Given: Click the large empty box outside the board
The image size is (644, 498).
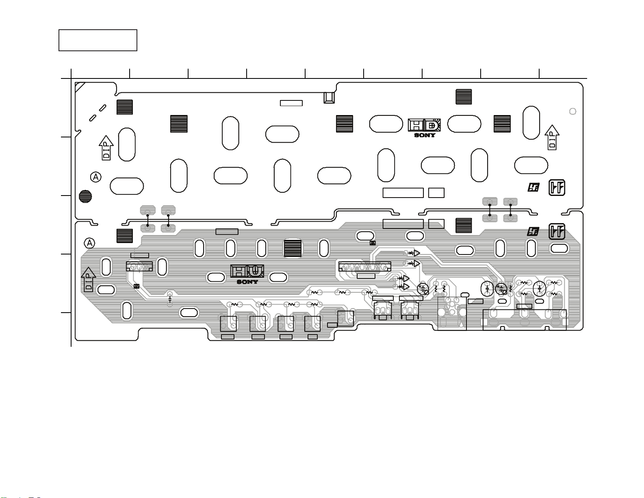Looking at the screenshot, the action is [98, 40].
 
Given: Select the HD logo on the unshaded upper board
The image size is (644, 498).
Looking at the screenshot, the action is [424, 125].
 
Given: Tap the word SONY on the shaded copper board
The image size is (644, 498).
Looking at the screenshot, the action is [247, 282].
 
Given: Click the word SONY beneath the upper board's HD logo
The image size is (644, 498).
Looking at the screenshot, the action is [425, 135].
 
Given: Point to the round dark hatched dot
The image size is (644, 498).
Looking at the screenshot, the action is [85, 196].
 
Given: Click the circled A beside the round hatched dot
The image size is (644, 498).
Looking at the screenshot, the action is [96, 177].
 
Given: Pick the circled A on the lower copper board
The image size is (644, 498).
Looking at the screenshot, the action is [89, 243].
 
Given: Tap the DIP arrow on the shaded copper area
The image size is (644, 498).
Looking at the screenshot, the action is [89, 279].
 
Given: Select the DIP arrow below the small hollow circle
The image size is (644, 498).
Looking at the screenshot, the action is [552, 137].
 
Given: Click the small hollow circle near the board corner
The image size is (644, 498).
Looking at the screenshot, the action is [572, 111].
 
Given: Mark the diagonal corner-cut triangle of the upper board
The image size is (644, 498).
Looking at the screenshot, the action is [79, 86].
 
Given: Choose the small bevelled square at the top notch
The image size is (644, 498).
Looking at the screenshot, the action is [329, 98].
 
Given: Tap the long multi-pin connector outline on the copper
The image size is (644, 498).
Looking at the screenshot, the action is [365, 267].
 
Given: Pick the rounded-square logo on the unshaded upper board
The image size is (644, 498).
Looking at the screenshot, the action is [557, 187].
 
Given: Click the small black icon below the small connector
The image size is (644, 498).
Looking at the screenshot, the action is [137, 286].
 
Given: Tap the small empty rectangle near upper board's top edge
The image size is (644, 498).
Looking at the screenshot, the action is [291, 103].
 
